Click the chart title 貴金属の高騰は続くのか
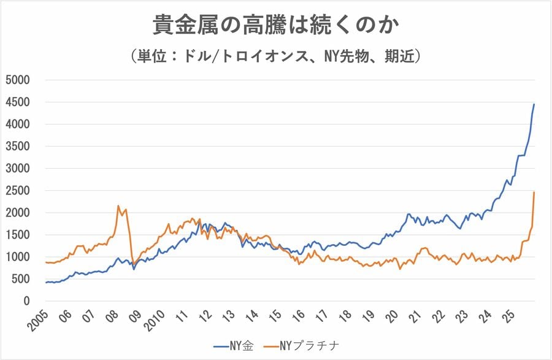coord(276,26)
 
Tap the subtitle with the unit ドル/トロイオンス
coord(276,56)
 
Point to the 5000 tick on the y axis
coord(18,80)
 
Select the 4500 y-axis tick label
coord(18,102)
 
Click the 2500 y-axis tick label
coord(18,191)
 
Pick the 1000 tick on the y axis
coord(18,257)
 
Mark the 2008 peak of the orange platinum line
coord(118,206)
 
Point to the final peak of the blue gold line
coord(534,104)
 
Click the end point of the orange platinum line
coord(534,192)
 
